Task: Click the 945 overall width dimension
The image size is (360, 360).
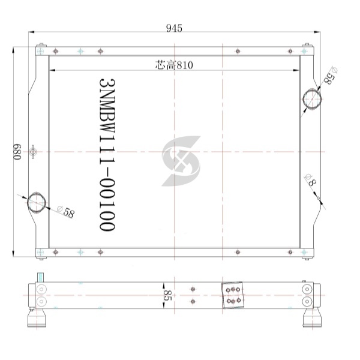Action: tap(174, 28)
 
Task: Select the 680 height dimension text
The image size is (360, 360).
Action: tap(17, 152)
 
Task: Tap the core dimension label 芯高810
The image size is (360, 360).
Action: tap(174, 65)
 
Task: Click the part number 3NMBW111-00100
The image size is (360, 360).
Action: tap(107, 155)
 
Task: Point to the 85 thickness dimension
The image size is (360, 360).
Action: tap(168, 295)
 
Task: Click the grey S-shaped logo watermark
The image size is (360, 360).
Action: tap(181, 161)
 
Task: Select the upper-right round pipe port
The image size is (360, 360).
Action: tap(312, 100)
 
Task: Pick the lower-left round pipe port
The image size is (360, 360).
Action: tap(37, 203)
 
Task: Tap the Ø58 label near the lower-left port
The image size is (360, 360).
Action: tap(66, 212)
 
